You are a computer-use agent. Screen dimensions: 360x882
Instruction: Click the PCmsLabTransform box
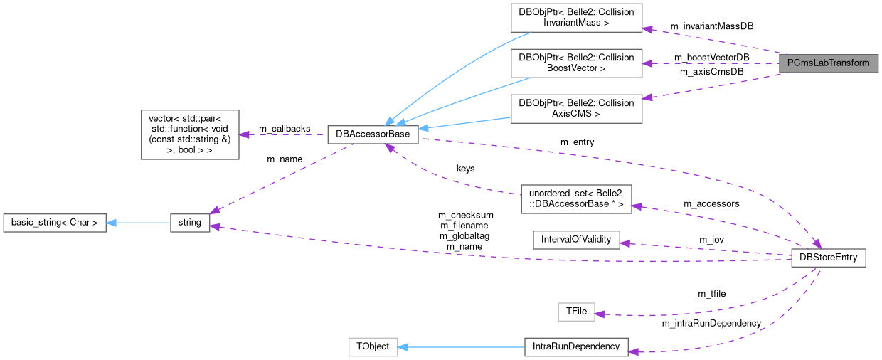point(828,63)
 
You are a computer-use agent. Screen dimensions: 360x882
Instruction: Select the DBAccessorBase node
point(373,134)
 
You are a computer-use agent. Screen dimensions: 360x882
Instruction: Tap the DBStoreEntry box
point(828,258)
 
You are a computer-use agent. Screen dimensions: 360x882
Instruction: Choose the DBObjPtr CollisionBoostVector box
point(576,63)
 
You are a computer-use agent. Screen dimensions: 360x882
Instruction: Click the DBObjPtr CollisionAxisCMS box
point(576,107)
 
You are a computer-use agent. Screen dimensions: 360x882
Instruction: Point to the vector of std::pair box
point(190,134)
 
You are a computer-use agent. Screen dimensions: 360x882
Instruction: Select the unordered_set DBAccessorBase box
point(576,198)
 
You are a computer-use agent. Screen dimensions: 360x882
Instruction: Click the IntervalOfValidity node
point(576,239)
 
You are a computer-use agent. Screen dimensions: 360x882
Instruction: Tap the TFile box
point(575,312)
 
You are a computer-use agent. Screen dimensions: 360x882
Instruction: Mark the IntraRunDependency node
point(575,347)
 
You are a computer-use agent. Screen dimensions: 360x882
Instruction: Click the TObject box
point(372,347)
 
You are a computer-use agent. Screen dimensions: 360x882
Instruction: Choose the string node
point(189,223)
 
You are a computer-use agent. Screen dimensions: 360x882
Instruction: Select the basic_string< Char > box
point(55,223)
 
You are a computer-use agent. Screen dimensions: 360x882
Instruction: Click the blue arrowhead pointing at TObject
point(402,347)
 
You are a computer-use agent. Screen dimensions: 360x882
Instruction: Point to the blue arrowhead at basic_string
point(112,223)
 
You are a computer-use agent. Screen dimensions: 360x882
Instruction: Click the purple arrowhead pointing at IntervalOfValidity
point(625,243)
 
